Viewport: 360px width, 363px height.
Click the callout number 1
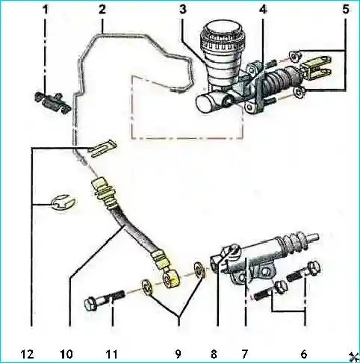(x=45, y=10)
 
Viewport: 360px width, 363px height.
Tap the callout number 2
(x=102, y=10)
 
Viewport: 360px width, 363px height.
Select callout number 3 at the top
(x=183, y=10)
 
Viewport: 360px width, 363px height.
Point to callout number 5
(x=346, y=10)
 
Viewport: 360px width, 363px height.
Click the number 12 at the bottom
(x=27, y=354)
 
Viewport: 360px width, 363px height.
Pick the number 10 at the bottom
(x=66, y=354)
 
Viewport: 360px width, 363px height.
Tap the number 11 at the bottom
(x=111, y=354)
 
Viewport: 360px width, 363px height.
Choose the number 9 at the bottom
(x=178, y=354)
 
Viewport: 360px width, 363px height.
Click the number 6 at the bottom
(x=304, y=354)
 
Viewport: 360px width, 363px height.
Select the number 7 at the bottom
(x=245, y=354)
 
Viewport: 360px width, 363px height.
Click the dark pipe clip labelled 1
(x=53, y=102)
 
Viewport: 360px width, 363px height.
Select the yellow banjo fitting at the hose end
(x=172, y=279)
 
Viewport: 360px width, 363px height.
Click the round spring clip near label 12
(x=63, y=203)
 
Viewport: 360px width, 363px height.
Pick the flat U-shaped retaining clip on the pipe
(x=102, y=148)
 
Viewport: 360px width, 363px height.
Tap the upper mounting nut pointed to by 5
(x=295, y=56)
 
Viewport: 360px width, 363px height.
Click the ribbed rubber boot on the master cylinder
(x=279, y=78)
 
